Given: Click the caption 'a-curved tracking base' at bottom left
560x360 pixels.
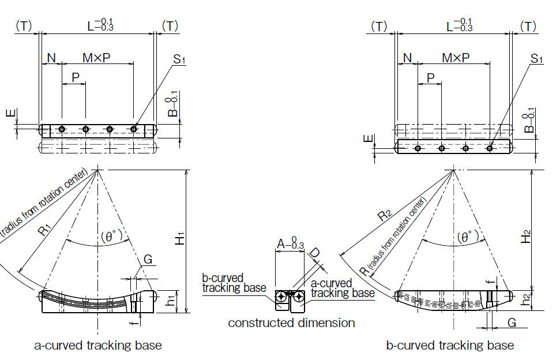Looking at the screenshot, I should point(98,346).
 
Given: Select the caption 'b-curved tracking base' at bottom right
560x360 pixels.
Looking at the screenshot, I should point(450,346).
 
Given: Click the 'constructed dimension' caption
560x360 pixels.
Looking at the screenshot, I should point(291,322).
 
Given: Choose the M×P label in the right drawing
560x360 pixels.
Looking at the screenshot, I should point(455,58).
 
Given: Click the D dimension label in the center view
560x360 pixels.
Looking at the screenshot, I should point(315,254).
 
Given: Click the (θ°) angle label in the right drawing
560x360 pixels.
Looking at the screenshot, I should point(468,237).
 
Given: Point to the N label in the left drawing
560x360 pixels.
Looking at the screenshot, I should point(51,58).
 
